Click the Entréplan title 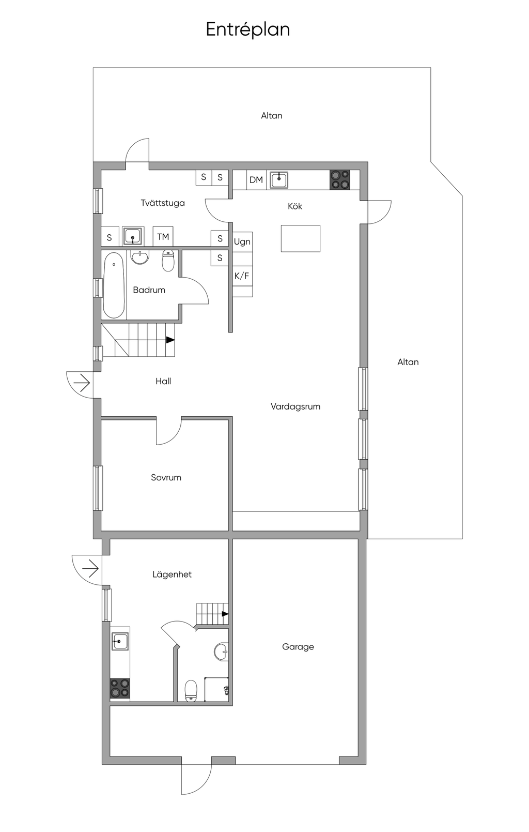coord(248,29)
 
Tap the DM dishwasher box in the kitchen coord(256,180)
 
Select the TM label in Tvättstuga coord(163,237)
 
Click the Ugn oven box coord(242,242)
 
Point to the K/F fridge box coord(242,276)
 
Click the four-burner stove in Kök coord(340,180)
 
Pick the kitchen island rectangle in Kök coord(301,238)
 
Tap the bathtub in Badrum coord(114,285)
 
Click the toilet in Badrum coord(168,261)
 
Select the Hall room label coord(163,381)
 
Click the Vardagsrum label coord(295,407)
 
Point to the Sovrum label coord(166,477)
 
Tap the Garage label coord(298,647)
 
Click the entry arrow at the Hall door coord(82,383)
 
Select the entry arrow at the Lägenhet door coord(90,568)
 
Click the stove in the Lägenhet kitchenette coord(120,689)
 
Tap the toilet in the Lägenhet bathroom coord(191,690)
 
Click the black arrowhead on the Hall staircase coord(170,340)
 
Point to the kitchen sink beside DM coord(279,180)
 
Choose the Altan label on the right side coord(408,362)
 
